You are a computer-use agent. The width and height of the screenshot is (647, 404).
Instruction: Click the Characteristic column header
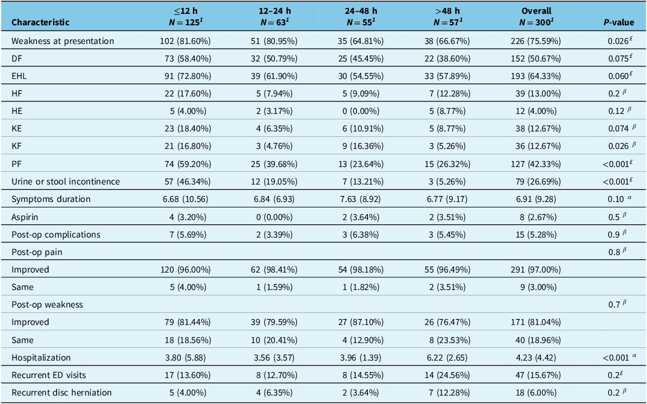pos(40,22)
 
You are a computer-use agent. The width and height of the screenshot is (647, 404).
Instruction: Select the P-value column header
pos(619,22)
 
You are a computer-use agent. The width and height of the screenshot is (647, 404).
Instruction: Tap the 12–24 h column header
pos(274,16)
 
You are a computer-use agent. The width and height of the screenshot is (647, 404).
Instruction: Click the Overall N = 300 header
pos(536,16)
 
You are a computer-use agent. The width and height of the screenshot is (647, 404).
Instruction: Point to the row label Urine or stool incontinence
pos(66,181)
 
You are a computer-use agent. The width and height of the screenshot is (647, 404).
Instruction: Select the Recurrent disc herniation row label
pos(62,393)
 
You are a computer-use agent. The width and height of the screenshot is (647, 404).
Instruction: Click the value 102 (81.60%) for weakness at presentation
pos(185,41)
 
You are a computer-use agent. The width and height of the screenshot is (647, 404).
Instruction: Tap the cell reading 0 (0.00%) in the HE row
pos(361,111)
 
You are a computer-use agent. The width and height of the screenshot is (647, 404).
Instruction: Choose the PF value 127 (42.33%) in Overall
pos(536,164)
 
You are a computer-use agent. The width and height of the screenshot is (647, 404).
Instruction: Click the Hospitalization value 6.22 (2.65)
pos(447,358)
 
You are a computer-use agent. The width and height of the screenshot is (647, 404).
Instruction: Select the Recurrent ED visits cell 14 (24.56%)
pos(447,375)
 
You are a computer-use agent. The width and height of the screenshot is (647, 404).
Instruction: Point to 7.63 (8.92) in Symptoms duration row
pos(361,199)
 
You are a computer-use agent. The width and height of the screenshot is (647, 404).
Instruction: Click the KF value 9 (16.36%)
pos(361,146)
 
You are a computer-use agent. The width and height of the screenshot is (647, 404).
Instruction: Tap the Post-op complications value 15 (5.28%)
pos(536,235)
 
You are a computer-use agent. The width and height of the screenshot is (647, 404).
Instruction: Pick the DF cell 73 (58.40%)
pos(188,58)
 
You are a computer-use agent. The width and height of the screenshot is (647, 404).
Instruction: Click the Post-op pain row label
pos(37,252)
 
